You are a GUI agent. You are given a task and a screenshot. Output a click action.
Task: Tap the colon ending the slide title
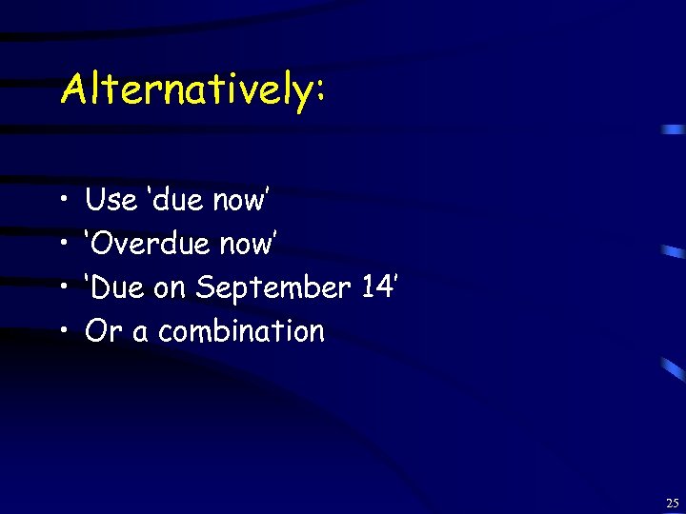319,93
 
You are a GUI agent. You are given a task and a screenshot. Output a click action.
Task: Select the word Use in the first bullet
110,200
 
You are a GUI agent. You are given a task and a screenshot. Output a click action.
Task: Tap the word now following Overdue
248,246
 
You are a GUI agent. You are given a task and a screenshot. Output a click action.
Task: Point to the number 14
376,287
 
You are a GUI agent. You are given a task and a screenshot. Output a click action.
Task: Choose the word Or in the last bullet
100,331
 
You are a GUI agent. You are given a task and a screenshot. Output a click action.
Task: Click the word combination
241,331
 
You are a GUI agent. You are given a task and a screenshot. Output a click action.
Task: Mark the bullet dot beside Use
62,202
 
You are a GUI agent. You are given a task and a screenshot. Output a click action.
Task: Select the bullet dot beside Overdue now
62,246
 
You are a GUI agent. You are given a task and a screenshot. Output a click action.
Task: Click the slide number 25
672,503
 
